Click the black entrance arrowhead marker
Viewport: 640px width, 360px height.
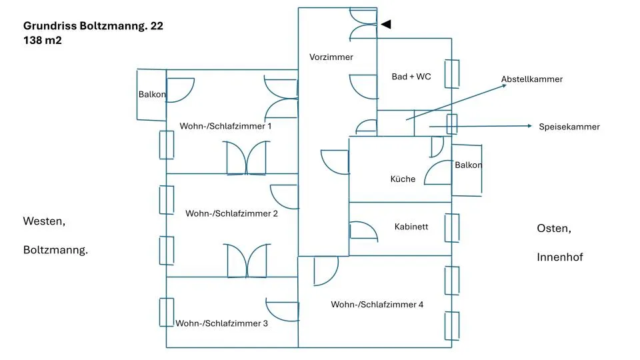(x=386, y=25)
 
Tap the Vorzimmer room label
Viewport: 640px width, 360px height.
(x=331, y=57)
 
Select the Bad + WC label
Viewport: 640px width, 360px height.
(x=411, y=77)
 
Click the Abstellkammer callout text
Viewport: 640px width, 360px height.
(x=532, y=79)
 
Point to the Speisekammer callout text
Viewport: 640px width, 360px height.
(x=569, y=127)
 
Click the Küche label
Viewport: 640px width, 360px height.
(x=403, y=179)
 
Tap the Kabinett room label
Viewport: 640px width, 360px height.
(x=411, y=227)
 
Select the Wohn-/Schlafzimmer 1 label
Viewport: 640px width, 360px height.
(x=225, y=126)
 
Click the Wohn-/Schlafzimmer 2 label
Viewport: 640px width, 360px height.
(x=231, y=213)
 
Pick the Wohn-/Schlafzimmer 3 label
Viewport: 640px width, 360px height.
(x=221, y=323)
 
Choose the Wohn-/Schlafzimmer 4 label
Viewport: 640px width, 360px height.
(x=377, y=305)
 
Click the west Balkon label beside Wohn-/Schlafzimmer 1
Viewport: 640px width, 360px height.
(x=152, y=94)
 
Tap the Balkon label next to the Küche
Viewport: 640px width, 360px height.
(x=469, y=165)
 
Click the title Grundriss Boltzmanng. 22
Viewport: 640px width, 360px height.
(x=93, y=26)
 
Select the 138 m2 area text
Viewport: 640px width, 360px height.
(x=43, y=41)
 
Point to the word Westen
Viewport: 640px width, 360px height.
(x=44, y=221)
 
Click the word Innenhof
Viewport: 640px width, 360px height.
(x=559, y=257)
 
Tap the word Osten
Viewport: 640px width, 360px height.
(x=554, y=229)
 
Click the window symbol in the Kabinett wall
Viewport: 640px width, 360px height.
(x=452, y=228)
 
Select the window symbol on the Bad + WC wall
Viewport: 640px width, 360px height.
(x=452, y=74)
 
